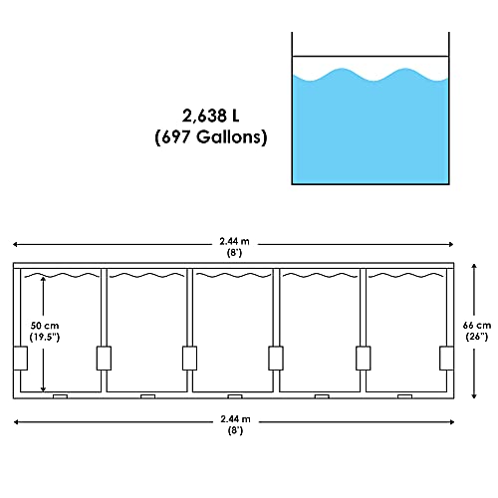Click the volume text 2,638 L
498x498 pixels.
(x=210, y=114)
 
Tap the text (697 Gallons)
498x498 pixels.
(x=210, y=136)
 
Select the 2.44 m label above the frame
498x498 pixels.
(x=236, y=239)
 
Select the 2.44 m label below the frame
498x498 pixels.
(x=236, y=421)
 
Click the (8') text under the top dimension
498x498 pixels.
(x=236, y=251)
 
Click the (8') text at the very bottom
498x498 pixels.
(x=236, y=433)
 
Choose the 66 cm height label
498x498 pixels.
(x=478, y=326)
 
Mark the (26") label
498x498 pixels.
(x=478, y=338)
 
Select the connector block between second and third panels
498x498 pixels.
(x=188, y=356)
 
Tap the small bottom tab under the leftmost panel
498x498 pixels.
(x=60, y=396)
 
